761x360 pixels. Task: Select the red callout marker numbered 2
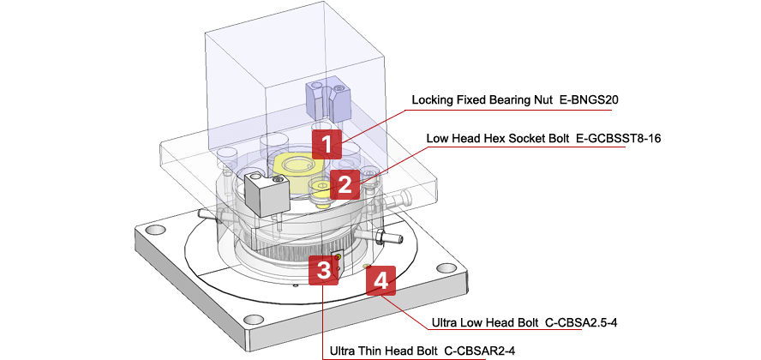tap(344, 183)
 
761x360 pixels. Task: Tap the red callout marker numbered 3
tap(323, 270)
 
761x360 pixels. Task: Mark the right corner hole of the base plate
tap(449, 267)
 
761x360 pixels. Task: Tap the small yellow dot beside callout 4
tap(367, 267)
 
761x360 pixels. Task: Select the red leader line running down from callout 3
tap(323, 326)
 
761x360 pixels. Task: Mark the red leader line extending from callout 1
tap(377, 120)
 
